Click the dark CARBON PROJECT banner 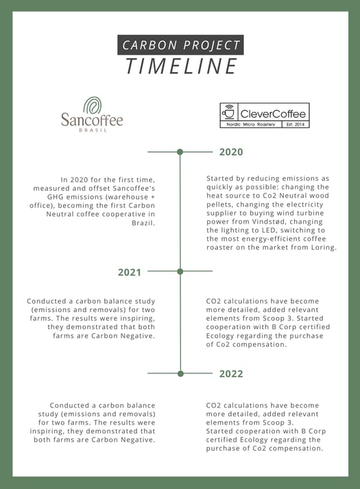(180, 45)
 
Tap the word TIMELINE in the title (181, 67)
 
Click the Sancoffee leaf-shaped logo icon (93, 105)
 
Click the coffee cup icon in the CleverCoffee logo (229, 112)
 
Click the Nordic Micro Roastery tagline (251, 124)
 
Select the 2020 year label (231, 152)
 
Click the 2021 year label (129, 272)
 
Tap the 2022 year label (231, 374)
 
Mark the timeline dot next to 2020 (180, 152)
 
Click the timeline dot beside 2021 (180, 272)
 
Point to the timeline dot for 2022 (180, 374)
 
